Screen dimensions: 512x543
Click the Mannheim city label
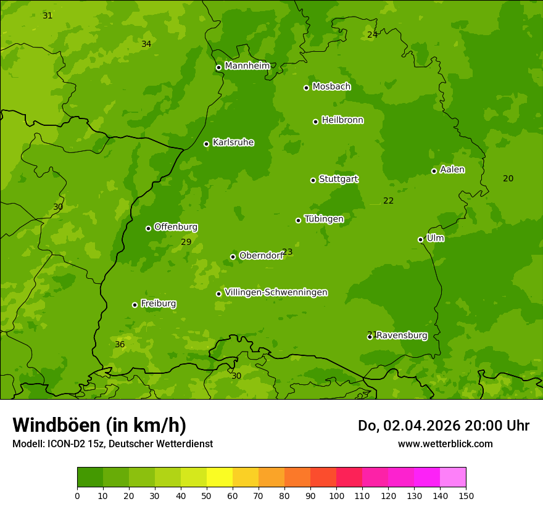247,66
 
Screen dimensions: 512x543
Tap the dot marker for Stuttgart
313,180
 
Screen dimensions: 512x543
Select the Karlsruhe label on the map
233,142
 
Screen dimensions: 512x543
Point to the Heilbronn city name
342,120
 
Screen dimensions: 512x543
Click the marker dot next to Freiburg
135,305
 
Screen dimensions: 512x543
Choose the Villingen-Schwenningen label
276,292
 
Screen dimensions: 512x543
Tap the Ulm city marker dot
420,239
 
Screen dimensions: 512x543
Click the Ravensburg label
402,336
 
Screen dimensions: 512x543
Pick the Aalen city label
452,170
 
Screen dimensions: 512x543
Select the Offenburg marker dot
148,228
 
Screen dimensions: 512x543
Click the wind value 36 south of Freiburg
120,344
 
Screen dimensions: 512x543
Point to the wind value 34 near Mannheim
146,44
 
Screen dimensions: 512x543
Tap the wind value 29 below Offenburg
186,242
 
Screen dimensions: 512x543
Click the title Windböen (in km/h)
99,425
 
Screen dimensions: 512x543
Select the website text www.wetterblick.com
445,444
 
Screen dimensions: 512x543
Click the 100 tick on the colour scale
336,495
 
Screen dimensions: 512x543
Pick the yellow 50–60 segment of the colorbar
220,477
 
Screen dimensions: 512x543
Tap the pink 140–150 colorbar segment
453,477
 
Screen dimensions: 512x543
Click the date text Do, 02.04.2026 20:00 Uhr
443,426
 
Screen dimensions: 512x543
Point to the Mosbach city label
331,86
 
